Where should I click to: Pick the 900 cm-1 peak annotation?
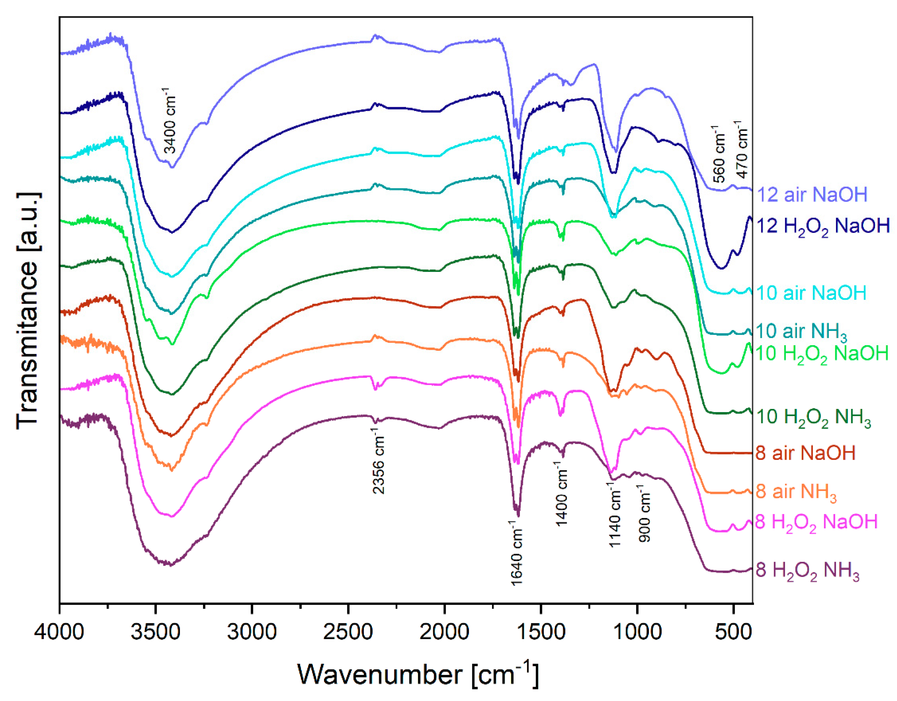coord(645,513)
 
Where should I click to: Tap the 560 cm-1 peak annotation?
coord(719,154)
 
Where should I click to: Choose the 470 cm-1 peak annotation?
coord(742,149)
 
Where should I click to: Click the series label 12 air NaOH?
coord(811,194)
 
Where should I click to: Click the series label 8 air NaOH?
coord(805,453)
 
